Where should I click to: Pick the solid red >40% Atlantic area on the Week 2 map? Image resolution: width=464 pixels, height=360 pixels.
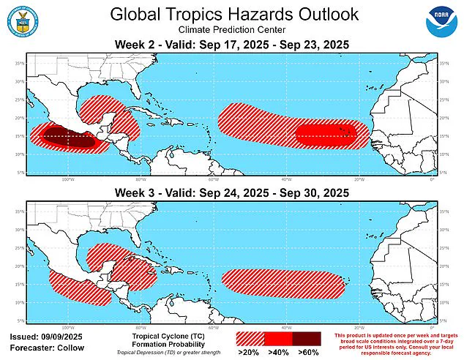click(326, 134)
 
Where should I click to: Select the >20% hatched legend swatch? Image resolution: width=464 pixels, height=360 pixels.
click(250, 339)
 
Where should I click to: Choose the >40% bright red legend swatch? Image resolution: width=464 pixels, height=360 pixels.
click(277, 339)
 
